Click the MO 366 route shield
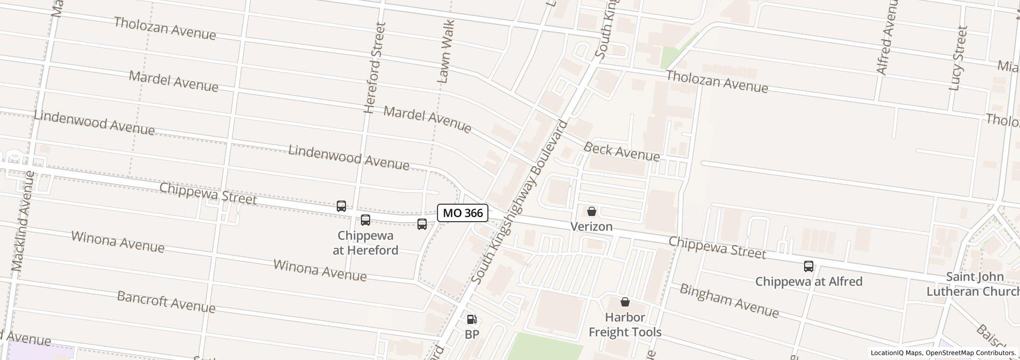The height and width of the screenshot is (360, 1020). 462,213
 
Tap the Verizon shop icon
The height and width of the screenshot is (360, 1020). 592,211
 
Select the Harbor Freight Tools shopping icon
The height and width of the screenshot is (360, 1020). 625,302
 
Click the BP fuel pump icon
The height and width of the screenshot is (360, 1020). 471,319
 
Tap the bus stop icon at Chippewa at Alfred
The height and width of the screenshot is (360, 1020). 809,266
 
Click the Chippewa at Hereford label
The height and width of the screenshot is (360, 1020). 365,243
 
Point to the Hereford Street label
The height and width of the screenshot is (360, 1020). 374,68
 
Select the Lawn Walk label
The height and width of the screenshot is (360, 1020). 445,51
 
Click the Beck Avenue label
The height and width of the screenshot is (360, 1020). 622,152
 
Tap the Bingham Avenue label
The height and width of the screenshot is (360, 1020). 729,300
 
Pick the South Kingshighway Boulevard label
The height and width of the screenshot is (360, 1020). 520,202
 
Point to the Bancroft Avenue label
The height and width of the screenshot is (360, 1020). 166,302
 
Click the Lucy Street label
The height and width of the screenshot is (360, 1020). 958,58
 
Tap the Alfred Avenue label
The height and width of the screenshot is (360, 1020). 888,37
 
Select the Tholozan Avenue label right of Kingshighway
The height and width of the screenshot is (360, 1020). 717,82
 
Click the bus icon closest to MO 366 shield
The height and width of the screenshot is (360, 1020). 422,224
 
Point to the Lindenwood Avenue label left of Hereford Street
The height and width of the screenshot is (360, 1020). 94,123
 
